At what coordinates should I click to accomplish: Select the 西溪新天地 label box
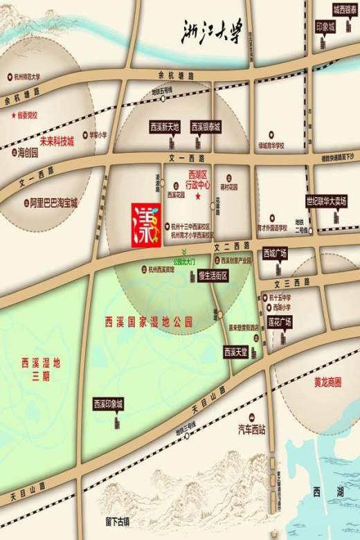coord(165,127)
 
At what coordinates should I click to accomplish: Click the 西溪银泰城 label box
coord(206,127)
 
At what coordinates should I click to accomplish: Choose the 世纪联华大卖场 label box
coord(327,202)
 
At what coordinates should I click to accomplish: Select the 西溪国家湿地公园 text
coord(147,322)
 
